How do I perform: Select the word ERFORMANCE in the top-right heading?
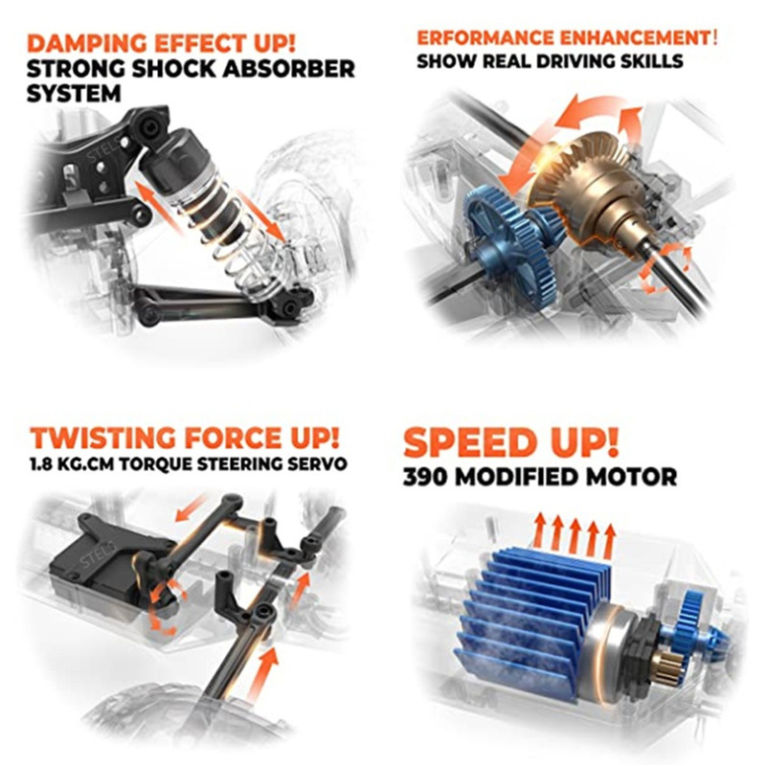click(x=485, y=37)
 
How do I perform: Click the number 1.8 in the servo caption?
click(x=39, y=463)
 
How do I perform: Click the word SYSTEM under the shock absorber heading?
click(x=74, y=94)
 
